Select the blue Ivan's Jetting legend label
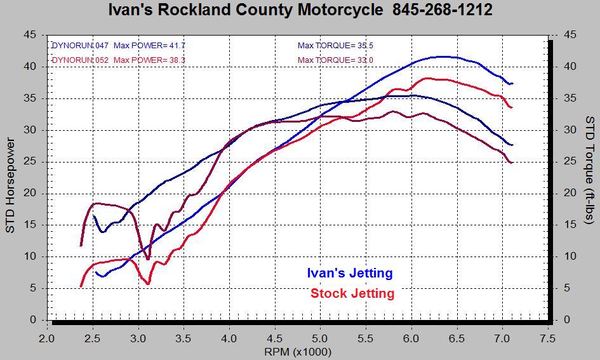click(349, 273)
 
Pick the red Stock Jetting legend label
click(352, 293)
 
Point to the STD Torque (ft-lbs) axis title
click(589, 170)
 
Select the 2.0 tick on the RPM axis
click(48, 338)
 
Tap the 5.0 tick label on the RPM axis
click(320, 338)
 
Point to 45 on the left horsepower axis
click(30, 35)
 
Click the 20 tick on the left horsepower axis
click(30, 194)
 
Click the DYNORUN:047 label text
click(79, 46)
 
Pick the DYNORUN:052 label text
click(79, 60)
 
